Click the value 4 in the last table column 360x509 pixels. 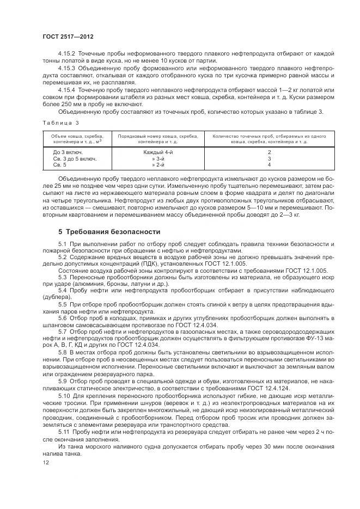coord(269,164)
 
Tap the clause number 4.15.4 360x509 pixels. coord(67,89)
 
